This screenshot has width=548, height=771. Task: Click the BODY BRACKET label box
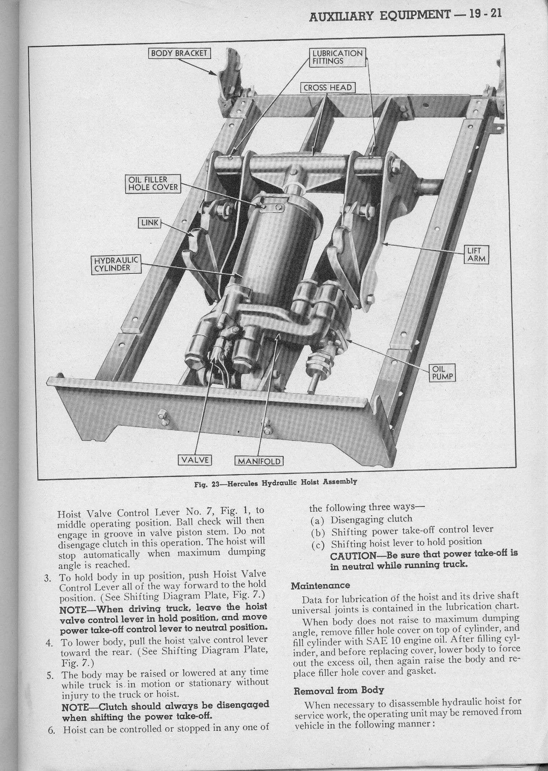[180, 53]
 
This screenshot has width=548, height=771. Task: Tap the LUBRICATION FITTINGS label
[337, 57]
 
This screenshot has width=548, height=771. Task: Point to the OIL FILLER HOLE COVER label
[152, 183]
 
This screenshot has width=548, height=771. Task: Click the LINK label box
[150, 223]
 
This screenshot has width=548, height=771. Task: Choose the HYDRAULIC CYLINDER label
[116, 264]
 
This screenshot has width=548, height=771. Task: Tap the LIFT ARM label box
[476, 255]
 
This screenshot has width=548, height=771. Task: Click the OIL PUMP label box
[442, 372]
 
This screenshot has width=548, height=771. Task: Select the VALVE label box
[195, 460]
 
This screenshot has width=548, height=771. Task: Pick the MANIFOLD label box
[259, 461]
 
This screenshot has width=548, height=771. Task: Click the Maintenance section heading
[321, 585]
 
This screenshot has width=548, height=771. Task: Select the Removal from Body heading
[338, 690]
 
